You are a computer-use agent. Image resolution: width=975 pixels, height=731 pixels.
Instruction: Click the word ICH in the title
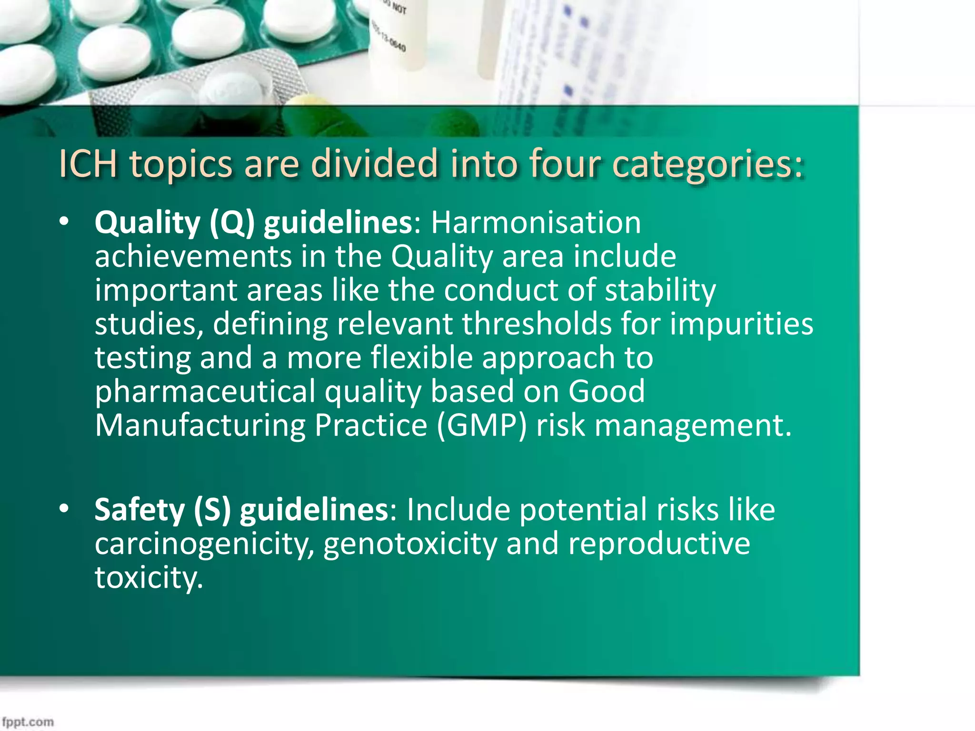[88, 164]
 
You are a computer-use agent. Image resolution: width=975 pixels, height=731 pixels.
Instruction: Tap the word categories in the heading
[707, 165]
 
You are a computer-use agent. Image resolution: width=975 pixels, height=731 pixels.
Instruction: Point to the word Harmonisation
[536, 223]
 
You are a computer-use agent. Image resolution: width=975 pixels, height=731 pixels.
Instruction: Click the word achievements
[193, 257]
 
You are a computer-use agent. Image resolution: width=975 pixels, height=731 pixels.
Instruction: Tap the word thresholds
[537, 324]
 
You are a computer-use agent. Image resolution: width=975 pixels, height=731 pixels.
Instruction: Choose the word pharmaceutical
[205, 392]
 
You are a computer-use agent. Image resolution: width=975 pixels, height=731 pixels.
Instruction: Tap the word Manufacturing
[200, 425]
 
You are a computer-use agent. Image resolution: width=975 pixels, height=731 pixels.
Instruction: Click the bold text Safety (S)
[162, 510]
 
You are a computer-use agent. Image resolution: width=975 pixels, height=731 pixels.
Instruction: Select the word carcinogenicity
[204, 544]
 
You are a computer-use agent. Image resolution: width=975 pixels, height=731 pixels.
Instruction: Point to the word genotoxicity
[410, 544]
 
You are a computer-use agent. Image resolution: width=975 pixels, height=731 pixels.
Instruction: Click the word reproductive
[659, 544]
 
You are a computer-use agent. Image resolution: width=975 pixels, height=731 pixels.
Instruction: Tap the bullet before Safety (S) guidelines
[64, 509]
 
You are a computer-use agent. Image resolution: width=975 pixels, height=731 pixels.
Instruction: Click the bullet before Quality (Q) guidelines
[64, 222]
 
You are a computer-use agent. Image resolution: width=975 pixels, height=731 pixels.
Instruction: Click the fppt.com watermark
[28, 722]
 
